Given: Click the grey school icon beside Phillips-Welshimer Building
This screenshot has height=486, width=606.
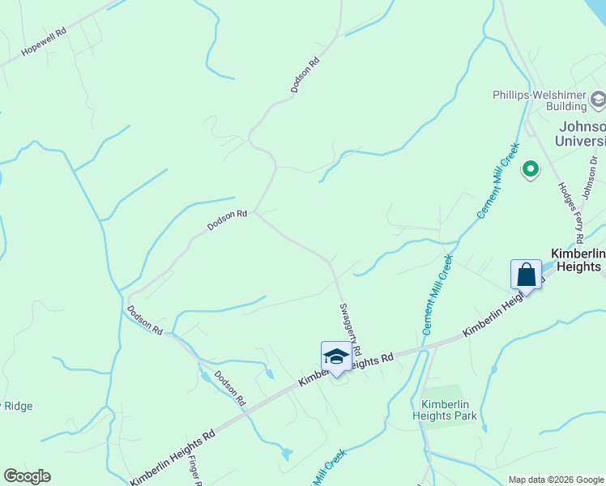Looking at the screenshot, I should (x=598, y=100).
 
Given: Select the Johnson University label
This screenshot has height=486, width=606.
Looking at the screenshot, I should (x=580, y=134).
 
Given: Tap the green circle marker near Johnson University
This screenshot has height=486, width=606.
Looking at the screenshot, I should (x=531, y=169).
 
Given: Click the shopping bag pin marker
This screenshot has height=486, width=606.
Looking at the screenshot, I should (x=526, y=275).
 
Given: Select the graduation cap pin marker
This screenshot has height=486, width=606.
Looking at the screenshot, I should (x=336, y=356).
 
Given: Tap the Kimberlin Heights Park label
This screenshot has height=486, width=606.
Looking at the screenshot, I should (x=450, y=410).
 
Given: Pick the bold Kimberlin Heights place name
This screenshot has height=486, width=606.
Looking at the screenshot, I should (x=577, y=259).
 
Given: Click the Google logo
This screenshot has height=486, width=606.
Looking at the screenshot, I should (x=27, y=475).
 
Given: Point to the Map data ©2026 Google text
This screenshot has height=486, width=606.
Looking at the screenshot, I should (x=555, y=480).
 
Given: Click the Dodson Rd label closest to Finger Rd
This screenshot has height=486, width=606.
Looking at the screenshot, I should (x=229, y=388).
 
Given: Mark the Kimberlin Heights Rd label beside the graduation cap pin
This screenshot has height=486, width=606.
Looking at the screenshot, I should (x=347, y=369).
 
